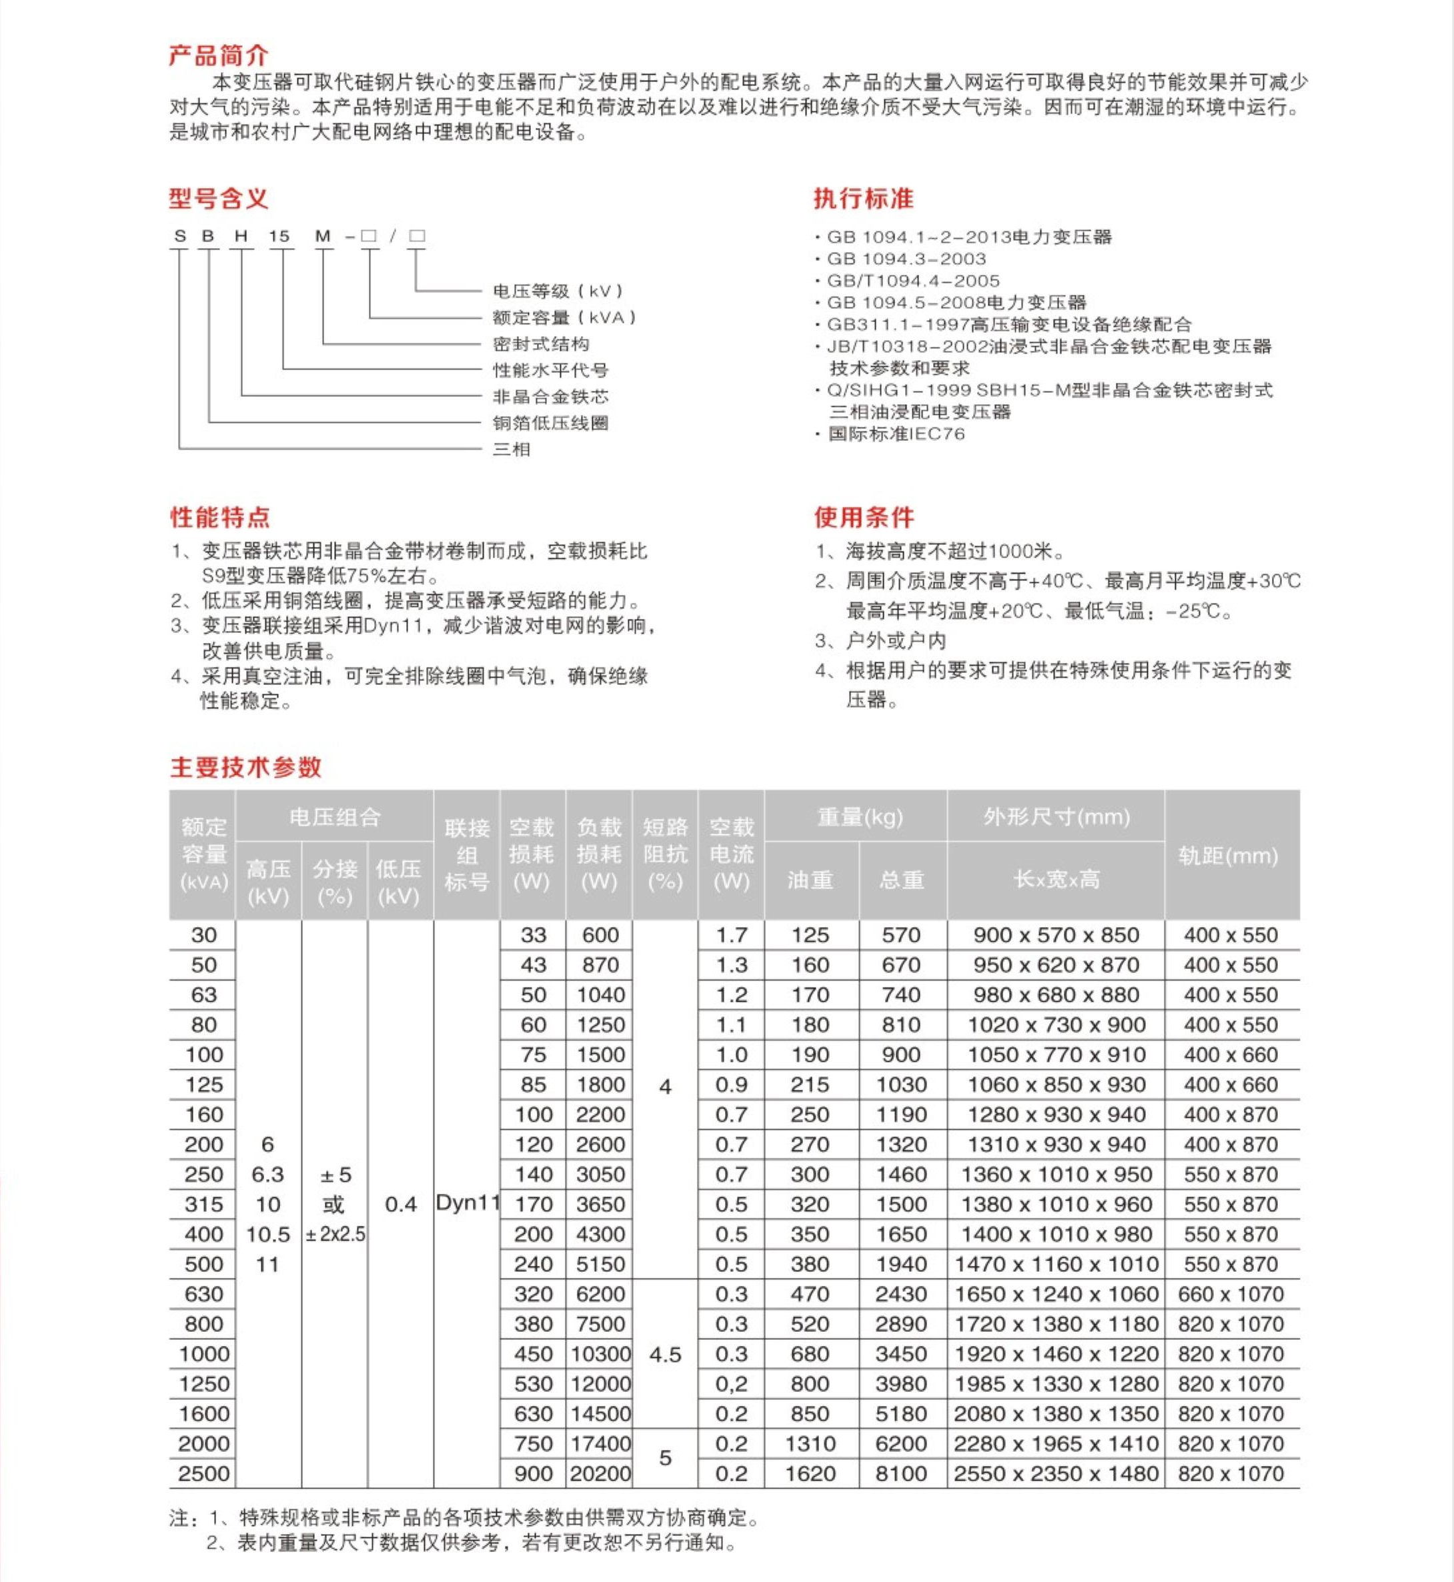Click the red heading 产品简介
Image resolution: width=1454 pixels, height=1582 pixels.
point(219,56)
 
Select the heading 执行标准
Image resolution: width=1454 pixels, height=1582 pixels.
point(863,199)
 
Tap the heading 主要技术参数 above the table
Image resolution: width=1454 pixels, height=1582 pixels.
point(245,767)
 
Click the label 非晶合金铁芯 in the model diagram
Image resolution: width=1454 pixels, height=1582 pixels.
point(550,396)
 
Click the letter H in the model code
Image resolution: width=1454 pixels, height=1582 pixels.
point(241,236)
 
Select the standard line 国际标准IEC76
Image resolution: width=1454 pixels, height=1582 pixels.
point(896,434)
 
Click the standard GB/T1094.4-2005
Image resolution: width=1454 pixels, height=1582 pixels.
point(912,281)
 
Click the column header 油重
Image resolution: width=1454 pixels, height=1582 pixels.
point(810,880)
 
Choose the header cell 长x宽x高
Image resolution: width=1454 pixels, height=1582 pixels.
point(1055,880)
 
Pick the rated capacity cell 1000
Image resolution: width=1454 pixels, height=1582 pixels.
point(204,1354)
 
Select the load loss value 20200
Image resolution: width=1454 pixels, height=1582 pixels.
point(600,1473)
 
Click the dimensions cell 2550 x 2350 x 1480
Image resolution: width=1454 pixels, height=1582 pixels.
point(1055,1473)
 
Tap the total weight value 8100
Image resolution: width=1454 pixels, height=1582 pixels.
point(901,1473)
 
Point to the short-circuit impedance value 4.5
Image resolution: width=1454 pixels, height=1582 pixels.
point(665,1355)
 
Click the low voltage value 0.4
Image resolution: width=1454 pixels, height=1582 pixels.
point(400,1205)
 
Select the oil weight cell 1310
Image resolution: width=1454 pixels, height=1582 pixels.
point(810,1443)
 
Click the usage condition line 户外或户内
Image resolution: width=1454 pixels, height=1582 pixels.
point(895,641)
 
